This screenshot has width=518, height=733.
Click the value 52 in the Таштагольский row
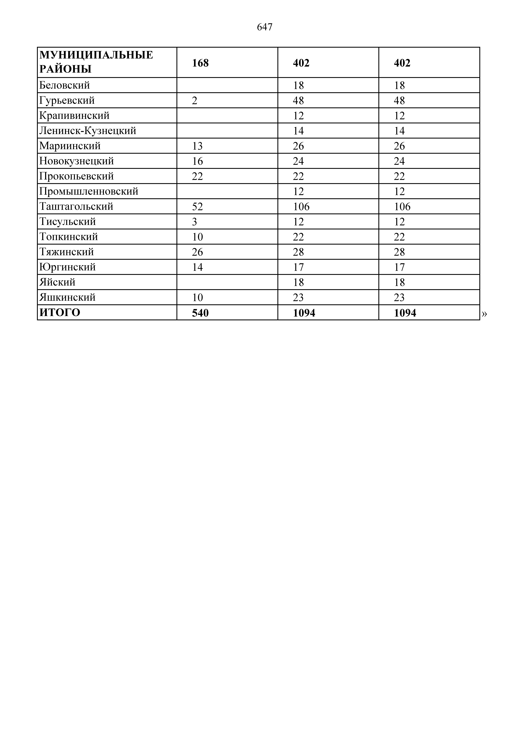pos(197,207)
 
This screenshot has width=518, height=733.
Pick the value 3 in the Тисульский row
pos(194,222)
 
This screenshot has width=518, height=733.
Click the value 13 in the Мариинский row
pos(197,146)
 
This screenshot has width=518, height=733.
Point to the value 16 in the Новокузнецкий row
pos(197,161)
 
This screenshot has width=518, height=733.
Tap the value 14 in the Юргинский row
pos(197,267)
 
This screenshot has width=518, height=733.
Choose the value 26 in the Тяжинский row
pos(197,252)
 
